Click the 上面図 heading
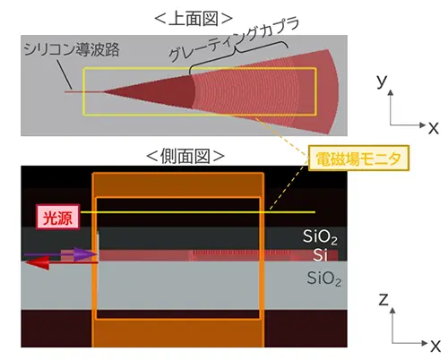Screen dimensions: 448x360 coord(194,19)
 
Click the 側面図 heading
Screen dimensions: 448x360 coord(185,156)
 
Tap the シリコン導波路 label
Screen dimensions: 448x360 coord(72,49)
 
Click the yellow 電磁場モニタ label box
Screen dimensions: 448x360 coord(358,159)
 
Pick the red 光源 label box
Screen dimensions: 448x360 coord(57,217)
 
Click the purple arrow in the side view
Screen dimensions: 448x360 coord(61,254)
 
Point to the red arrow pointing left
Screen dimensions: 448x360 coord(61,263)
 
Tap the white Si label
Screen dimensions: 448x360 coord(320,255)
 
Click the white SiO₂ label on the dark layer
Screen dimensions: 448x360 coord(320,237)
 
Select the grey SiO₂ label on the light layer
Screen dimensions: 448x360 coord(324,279)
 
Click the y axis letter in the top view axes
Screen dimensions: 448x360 coord(382,81)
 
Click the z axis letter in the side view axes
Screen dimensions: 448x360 coord(383,299)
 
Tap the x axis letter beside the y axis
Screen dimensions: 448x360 coord(434,128)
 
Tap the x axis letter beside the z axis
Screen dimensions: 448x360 coord(435,347)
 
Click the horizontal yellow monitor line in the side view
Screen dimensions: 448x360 coord(198,212)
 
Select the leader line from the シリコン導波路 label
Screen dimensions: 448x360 coord(65,74)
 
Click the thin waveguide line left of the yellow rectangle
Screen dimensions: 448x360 coord(74,91)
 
